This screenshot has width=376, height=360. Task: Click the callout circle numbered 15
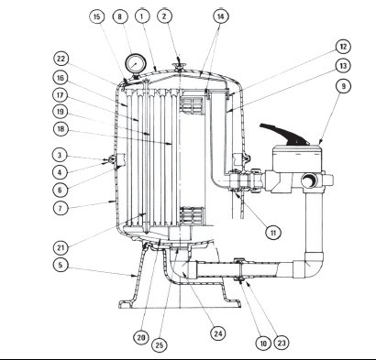[x=97, y=16]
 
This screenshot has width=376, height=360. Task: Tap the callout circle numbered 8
[x=120, y=16]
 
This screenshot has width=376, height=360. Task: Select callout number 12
[x=343, y=47]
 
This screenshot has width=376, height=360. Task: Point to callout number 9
[x=343, y=86]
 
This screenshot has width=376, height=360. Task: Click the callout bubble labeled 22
[x=61, y=59]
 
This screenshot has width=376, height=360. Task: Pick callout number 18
[x=61, y=129]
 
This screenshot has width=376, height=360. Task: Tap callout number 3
[x=60, y=155]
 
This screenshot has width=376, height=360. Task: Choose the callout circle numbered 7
[x=61, y=208]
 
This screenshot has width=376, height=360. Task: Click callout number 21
[x=61, y=246]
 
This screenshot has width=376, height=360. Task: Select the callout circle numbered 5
[x=61, y=265]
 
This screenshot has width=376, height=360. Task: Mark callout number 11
[x=273, y=233]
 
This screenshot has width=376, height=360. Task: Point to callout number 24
[x=218, y=333]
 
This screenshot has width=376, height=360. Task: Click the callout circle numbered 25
[x=160, y=345]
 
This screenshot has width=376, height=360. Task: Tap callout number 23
[x=282, y=343]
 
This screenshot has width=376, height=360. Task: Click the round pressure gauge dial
[x=136, y=64]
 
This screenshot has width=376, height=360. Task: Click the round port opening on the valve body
[x=310, y=180]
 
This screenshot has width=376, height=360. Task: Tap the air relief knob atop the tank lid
[x=179, y=66]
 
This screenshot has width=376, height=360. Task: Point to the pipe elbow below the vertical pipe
[x=309, y=265]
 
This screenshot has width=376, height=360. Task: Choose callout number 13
[x=343, y=66]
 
